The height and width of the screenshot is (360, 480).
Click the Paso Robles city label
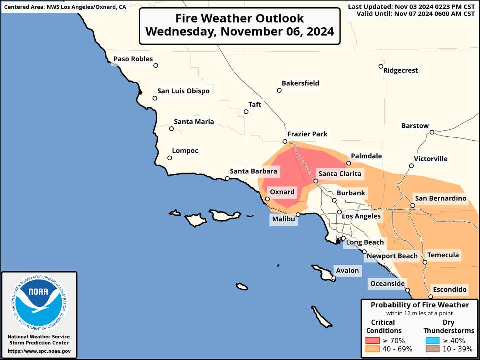coord(133,59)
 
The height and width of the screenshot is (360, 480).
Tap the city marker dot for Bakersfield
coord(279,90)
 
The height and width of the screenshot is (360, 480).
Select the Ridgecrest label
coord(400,71)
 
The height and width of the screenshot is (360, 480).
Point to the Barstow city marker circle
coord(432,132)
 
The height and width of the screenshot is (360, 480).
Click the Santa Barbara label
coord(253,171)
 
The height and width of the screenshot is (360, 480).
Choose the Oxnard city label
coord(282,192)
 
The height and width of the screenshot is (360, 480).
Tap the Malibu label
coord(283,219)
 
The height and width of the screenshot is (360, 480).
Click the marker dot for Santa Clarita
coord(316,181)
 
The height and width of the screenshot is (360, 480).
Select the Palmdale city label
coord(366,156)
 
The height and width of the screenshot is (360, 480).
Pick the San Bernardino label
coord(440,199)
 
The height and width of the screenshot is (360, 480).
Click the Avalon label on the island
coord(347,271)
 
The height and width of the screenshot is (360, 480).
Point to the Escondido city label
coord(449,290)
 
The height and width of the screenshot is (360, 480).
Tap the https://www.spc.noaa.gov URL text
coord(39,352)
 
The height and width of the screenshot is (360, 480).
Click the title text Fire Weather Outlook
coord(239,18)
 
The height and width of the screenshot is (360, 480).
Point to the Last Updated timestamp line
coord(411,6)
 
